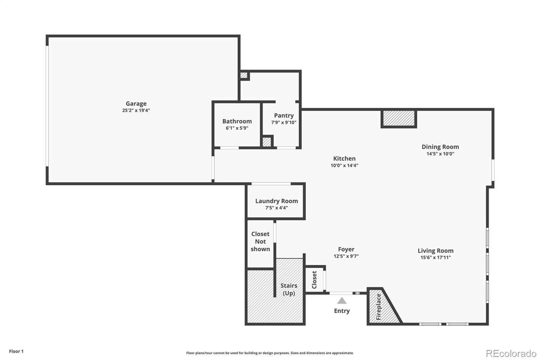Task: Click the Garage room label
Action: [x=136, y=104]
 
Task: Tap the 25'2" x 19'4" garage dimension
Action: [x=136, y=110]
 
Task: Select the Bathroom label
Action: [x=237, y=121]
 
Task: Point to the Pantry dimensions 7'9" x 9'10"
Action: [x=284, y=123]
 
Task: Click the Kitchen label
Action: [x=344, y=158]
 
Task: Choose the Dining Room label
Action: [x=440, y=147]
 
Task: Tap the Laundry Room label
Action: [x=276, y=201]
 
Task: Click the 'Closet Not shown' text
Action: [x=260, y=241]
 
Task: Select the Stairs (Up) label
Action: [x=289, y=289]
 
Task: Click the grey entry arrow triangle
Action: [x=342, y=301]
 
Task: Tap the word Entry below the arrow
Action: [x=342, y=311]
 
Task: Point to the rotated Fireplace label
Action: [x=378, y=307]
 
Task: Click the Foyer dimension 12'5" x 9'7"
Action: [x=346, y=256]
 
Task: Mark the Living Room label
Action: [x=435, y=251]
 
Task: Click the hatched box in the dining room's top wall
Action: [x=399, y=119]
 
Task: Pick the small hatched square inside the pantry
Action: [x=267, y=142]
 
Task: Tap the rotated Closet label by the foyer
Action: [x=314, y=280]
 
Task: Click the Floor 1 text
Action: [x=16, y=351]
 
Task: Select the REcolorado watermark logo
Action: [x=511, y=353]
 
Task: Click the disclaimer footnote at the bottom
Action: [x=270, y=353]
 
